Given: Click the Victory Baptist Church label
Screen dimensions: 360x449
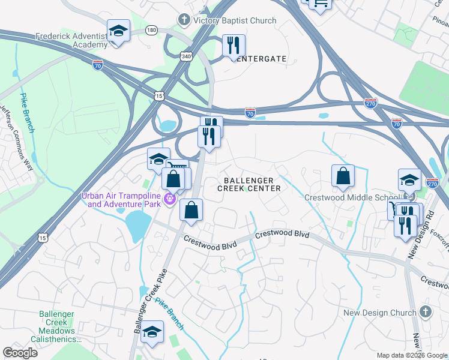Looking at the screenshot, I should [235, 20].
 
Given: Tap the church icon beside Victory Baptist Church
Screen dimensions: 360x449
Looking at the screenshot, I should [184, 20].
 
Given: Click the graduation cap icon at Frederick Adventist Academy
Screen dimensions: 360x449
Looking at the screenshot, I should [118, 31].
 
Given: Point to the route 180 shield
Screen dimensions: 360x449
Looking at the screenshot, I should [151, 29].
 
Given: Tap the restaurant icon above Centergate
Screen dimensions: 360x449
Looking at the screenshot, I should [233, 46].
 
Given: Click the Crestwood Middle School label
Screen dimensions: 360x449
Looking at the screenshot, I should [352, 197].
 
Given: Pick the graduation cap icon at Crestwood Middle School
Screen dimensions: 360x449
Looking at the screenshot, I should [409, 179].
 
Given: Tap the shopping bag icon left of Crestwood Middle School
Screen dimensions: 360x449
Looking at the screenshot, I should [343, 176].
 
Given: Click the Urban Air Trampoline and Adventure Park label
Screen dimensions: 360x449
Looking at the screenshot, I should [124, 200].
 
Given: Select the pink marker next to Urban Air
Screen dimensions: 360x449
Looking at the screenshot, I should [170, 199].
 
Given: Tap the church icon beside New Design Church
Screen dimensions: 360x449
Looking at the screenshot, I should [425, 312].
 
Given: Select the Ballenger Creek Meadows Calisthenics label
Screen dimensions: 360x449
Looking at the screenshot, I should [57, 326].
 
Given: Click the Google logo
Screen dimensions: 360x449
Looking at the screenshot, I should [20, 353].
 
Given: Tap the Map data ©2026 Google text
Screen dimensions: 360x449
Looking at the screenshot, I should [411, 355].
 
